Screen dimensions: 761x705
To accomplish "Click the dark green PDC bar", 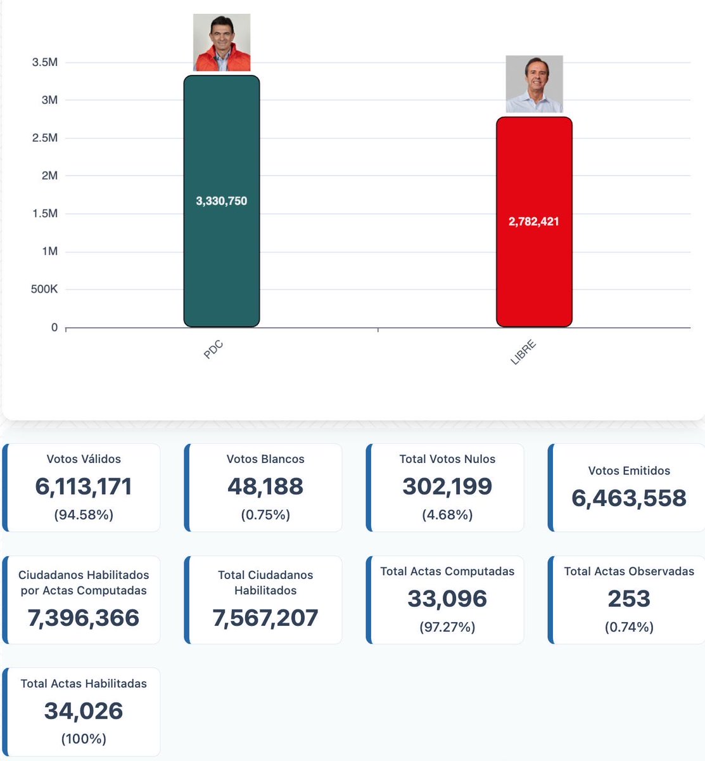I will click(x=221, y=266).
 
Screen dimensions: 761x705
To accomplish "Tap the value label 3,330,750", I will click(x=221, y=201).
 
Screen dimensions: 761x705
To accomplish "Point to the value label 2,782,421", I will click(x=534, y=221).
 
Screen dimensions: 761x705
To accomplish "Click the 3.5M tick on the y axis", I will click(x=45, y=62).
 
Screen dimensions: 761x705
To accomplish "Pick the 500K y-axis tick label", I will click(x=44, y=289).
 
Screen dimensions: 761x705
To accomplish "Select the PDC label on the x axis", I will click(x=213, y=350).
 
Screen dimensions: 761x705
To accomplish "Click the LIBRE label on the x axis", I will click(x=523, y=353).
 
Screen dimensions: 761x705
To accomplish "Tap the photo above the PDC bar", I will click(x=222, y=42).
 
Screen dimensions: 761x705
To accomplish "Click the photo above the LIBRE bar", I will click(x=534, y=84).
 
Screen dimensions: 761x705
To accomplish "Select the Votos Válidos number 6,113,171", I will click(x=84, y=486).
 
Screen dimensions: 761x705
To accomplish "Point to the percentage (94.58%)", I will click(x=84, y=515).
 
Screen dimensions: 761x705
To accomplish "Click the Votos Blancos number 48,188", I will click(x=265, y=486).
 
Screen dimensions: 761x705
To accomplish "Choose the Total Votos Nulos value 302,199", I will click(x=447, y=486).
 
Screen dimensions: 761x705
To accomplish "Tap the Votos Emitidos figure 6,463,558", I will click(x=629, y=498).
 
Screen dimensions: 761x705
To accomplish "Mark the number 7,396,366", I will click(x=84, y=618).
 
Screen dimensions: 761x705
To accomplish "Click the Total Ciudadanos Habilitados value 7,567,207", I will click(x=265, y=618).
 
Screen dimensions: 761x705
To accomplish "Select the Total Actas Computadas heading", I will click(x=447, y=571).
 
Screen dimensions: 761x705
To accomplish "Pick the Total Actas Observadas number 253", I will click(x=629, y=599).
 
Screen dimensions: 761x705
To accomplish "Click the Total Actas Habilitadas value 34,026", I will click(x=84, y=711).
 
